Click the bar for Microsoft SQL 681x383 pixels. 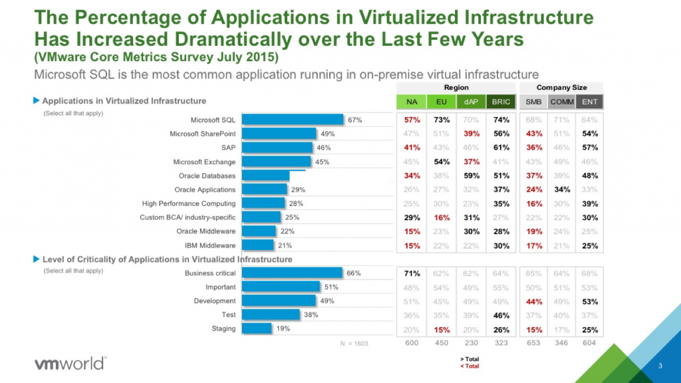tap(293, 120)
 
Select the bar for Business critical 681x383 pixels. tap(292, 273)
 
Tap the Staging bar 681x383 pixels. tap(257, 328)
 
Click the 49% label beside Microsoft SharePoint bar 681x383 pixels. tap(327, 134)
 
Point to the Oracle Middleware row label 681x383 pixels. tap(205, 231)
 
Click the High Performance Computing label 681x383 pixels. tap(189, 203)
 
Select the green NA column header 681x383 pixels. tap(412, 102)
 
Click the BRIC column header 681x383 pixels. tap(501, 102)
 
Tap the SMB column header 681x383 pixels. tap(533, 102)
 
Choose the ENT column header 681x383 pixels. tap(589, 102)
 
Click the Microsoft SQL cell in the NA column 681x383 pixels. tap(412, 120)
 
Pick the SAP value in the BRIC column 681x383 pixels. tap(501, 148)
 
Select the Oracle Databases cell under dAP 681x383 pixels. tap(471, 176)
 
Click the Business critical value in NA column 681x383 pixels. tap(412, 273)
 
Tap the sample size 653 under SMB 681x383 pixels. tap(533, 343)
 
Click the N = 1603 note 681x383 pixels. tap(354, 344)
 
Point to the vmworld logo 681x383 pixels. tap(69, 363)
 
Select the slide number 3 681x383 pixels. tap(660, 366)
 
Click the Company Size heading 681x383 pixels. tap(561, 88)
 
